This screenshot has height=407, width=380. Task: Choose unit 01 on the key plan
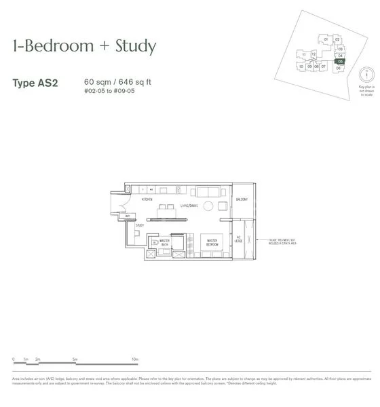point(326,40)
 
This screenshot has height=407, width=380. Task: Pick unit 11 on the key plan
point(305,54)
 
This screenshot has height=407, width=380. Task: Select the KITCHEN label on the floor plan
point(147,200)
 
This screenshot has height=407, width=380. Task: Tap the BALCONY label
point(242,199)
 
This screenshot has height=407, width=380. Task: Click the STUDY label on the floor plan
point(139,225)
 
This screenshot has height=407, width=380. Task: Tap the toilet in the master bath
point(155,242)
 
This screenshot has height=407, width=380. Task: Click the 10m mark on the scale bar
point(135,358)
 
